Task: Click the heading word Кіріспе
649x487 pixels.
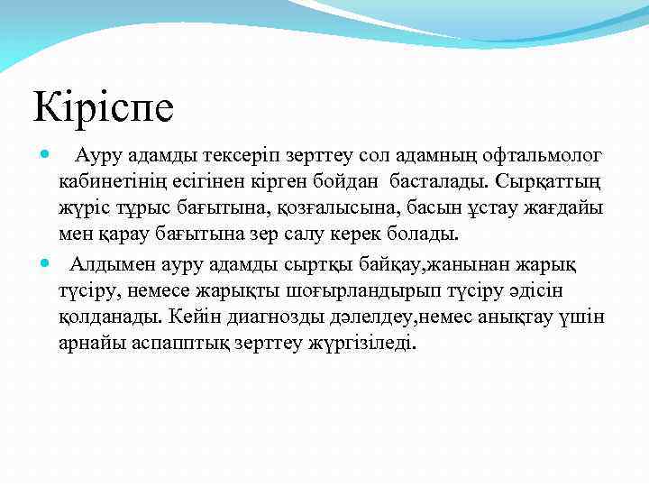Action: click(x=104, y=106)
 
